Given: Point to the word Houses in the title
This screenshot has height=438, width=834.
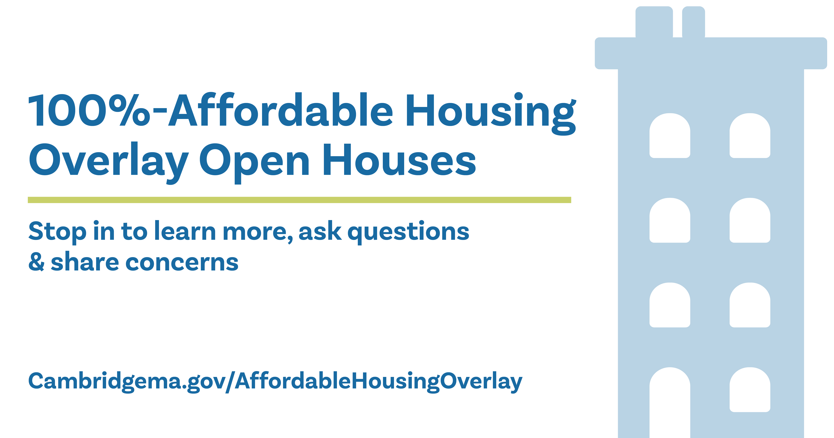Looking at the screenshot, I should point(399,160).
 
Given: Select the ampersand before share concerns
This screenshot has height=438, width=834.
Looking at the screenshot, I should point(36,262).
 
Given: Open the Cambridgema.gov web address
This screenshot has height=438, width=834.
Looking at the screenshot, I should point(275,381).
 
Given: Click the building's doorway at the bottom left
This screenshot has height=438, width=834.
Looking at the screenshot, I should point(670,405).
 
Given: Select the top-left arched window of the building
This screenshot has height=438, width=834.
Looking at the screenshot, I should point(670,136).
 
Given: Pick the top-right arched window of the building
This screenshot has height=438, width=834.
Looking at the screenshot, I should point(750,136).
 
